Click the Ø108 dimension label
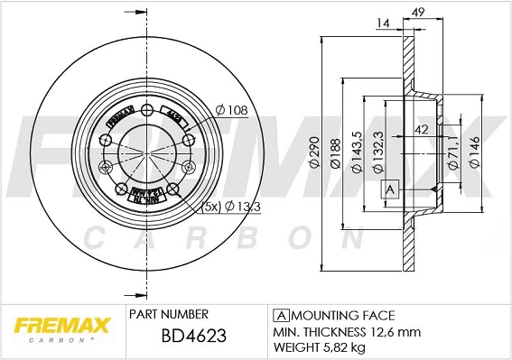pyautogui.click(x=232, y=111)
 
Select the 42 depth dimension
pyautogui.click(x=421, y=129)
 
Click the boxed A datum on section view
pyautogui.click(x=390, y=189)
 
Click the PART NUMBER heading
pyautogui.click(x=170, y=314)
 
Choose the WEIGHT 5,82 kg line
pyautogui.click(x=321, y=346)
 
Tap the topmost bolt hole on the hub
pyautogui.click(x=146, y=111)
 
